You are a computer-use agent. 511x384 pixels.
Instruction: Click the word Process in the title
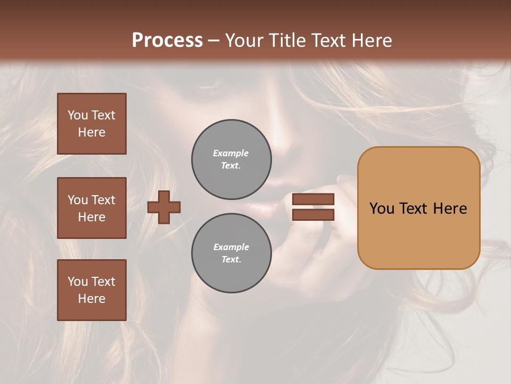tap(167, 41)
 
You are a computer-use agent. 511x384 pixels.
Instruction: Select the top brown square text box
tap(92, 124)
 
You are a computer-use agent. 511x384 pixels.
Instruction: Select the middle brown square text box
tap(92, 208)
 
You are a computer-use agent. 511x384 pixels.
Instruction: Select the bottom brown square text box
tap(92, 290)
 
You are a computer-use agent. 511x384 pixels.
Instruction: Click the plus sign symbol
tap(164, 207)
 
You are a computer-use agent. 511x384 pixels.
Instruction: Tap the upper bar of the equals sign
tap(313, 199)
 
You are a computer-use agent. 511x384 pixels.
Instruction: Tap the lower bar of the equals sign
tap(313, 214)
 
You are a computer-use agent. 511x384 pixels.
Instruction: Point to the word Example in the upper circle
tap(230, 153)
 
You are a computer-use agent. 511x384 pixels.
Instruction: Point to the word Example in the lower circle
tap(231, 247)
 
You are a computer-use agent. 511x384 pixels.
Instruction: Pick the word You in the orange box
tap(382, 209)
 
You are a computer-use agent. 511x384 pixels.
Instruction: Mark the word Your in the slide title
tap(243, 41)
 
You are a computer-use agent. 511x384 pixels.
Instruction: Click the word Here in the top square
tap(92, 132)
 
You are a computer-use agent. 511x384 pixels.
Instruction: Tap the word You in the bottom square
tap(78, 282)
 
